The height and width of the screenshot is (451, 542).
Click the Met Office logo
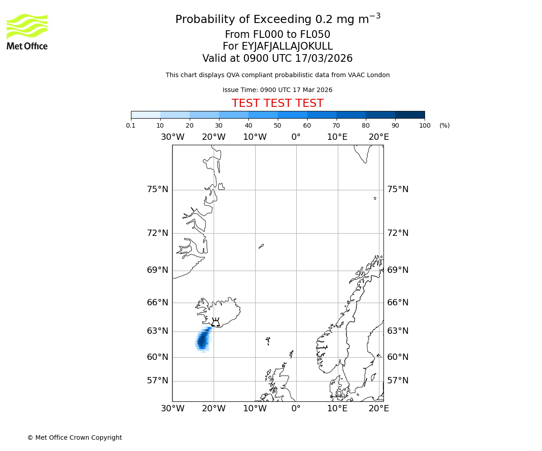pos(27,32)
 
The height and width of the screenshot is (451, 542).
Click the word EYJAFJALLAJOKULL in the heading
pos(277,46)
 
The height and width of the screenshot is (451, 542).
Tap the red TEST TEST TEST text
pos(277,103)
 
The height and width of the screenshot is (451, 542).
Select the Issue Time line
pos(277,90)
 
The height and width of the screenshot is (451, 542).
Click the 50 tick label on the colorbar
pos(277,125)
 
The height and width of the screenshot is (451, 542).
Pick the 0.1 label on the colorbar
pos(131,125)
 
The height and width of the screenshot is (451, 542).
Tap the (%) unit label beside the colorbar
pos(444,125)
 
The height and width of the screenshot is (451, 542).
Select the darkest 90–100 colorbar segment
pos(410,115)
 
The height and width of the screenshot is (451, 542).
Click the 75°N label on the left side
pos(157,189)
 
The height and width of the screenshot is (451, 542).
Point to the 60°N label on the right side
pos(397,357)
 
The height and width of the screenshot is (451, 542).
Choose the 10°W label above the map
pos(255,137)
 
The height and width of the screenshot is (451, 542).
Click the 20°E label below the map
pos(378,409)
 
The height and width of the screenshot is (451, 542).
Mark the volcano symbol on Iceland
pos(215,322)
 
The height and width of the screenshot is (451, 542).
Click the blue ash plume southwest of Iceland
pos(203,340)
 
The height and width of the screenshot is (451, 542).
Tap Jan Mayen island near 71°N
pos(261,246)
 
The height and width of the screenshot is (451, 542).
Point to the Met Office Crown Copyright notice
pos(75,437)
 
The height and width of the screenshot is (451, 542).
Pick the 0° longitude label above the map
pos(296,137)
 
